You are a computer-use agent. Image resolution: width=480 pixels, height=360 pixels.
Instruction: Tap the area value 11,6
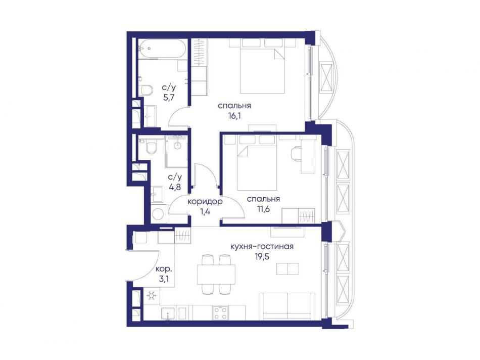[263, 209]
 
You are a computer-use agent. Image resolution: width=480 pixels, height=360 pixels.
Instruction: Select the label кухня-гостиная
[262, 247]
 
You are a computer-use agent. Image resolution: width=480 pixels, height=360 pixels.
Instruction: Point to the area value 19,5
[262, 257]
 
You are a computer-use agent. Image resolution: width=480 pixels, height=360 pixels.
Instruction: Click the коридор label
[205, 202]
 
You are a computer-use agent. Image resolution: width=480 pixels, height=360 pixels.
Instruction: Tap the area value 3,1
[164, 280]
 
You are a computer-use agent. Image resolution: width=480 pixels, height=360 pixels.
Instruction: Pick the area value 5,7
[169, 98]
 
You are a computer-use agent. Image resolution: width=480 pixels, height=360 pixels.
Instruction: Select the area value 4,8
[175, 187]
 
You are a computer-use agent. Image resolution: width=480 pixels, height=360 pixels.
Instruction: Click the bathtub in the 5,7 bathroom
[161, 49]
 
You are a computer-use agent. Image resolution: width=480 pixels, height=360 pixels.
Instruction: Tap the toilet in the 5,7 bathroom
[147, 90]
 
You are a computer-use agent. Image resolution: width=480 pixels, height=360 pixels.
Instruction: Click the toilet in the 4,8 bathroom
[151, 149]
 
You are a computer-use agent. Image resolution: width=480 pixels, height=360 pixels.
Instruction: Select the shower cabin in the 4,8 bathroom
[177, 151]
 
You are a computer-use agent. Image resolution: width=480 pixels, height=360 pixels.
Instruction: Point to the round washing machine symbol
[158, 213]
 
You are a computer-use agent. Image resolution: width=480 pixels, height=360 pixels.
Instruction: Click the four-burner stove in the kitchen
[220, 313]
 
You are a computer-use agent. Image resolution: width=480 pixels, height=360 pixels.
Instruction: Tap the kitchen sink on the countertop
[168, 313]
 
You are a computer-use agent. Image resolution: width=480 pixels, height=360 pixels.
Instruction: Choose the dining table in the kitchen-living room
[216, 274]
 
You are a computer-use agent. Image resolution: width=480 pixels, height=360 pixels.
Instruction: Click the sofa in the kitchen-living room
[287, 306]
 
